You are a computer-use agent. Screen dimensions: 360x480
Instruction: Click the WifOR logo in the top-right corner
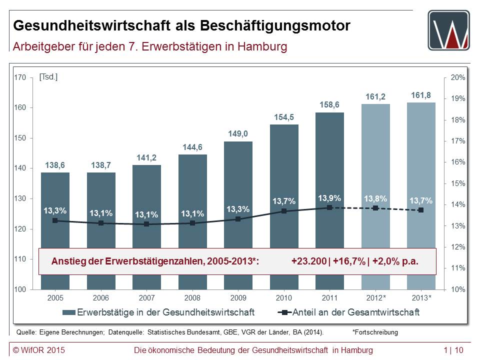coord(448,30)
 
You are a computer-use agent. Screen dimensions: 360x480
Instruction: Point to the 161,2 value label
coord(375,96)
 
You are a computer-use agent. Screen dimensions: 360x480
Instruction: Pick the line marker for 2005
coord(55,220)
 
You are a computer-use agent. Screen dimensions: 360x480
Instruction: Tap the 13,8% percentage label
coord(375,198)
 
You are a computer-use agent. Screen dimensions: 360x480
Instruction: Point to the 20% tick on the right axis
coord(458,77)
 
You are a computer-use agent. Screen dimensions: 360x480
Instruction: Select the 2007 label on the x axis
coord(146,298)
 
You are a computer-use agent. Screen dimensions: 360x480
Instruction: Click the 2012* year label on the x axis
coord(375,298)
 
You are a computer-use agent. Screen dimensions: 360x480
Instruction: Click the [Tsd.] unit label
coord(48,77)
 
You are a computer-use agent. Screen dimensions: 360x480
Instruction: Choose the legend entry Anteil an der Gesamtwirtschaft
coord(348,312)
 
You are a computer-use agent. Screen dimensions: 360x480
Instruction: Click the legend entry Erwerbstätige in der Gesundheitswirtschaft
coord(158,312)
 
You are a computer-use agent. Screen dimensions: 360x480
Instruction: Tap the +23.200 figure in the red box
coord(308,261)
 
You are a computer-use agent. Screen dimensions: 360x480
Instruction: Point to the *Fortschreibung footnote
coord(375,331)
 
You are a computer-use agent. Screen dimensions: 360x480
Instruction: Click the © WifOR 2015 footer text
coord(39,349)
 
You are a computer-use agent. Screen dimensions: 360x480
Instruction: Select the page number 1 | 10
coord(453,349)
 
